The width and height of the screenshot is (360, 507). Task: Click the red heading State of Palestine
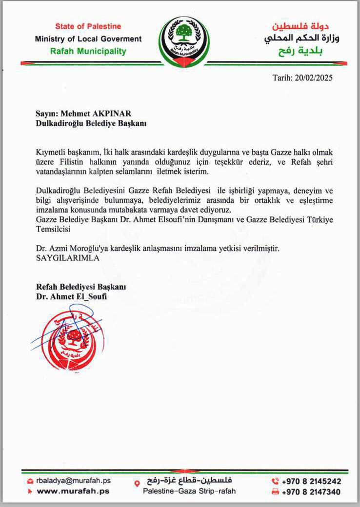pyautogui.click(x=88, y=26)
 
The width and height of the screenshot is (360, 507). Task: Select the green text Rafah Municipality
pyautogui.click(x=88, y=51)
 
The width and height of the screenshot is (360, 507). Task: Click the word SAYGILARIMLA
pyautogui.click(x=68, y=258)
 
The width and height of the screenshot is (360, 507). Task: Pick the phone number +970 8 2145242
pyautogui.click(x=312, y=481)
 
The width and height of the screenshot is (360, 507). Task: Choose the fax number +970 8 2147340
pyautogui.click(x=312, y=492)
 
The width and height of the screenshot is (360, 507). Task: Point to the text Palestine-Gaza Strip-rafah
pyautogui.click(x=189, y=491)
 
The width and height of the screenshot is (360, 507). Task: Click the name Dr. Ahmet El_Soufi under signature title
pyautogui.click(x=71, y=296)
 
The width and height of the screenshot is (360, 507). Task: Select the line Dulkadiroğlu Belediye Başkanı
pyautogui.click(x=91, y=123)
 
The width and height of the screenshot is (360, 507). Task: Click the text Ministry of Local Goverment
pyautogui.click(x=88, y=39)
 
